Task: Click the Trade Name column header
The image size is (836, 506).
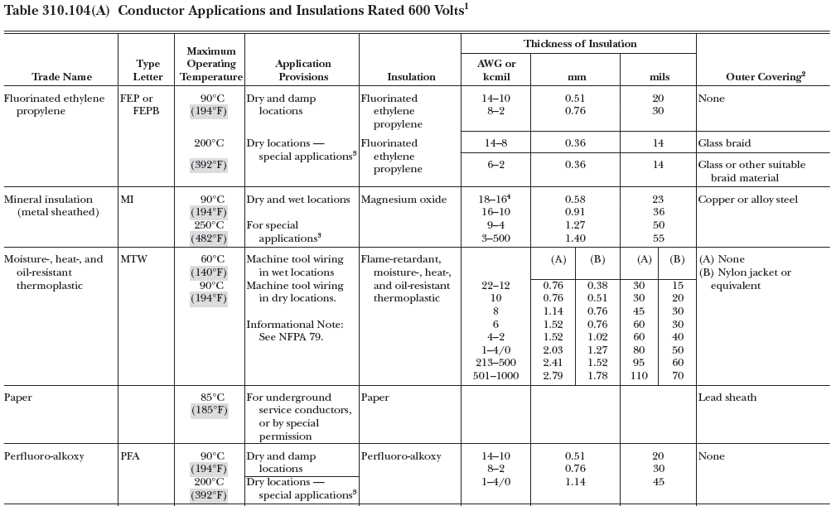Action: coord(61,77)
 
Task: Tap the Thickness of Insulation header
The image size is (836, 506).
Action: coord(579,44)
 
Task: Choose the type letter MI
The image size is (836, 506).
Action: coord(127,200)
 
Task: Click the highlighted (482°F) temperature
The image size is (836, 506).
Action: coord(208,239)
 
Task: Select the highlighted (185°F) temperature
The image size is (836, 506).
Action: coord(208,411)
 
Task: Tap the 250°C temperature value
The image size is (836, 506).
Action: coord(209,225)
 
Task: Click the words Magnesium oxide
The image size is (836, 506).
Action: coord(404,200)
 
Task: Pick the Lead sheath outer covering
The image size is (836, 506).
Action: coord(727,398)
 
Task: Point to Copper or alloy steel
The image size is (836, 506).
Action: coord(747,200)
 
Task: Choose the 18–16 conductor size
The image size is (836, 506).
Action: coord(499,200)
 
